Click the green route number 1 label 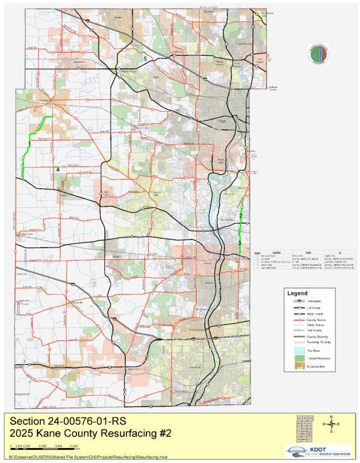click(29, 144)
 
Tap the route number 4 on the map click(58, 169)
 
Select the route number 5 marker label click(145, 58)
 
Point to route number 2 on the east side click(241, 217)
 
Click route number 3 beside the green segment click(240, 243)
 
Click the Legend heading click(297, 293)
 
